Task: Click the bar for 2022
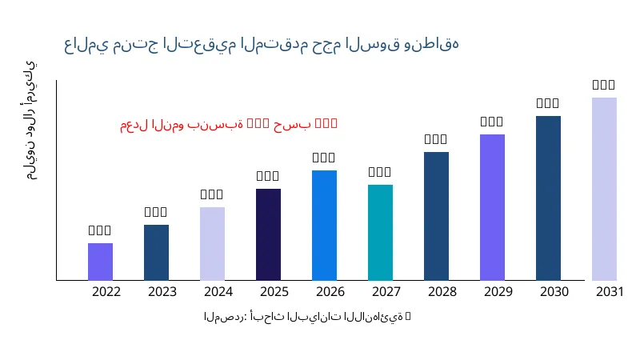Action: (100, 262)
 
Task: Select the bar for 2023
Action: (156, 252)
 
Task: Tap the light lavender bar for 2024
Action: (212, 243)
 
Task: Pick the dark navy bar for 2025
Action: (268, 234)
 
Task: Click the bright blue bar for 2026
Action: (324, 225)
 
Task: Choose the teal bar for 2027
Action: (380, 232)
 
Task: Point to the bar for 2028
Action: (436, 216)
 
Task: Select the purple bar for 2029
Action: (492, 207)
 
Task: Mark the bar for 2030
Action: (548, 198)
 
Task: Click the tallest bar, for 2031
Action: (604, 189)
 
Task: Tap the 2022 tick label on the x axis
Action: (106, 291)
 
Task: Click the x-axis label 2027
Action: (386, 291)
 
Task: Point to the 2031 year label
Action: (610, 291)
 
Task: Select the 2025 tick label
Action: (274, 291)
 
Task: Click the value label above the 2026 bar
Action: (324, 158)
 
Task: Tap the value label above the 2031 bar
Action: (604, 85)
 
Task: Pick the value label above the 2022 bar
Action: (100, 230)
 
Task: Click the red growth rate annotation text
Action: (229, 124)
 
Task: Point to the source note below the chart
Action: (307, 317)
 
